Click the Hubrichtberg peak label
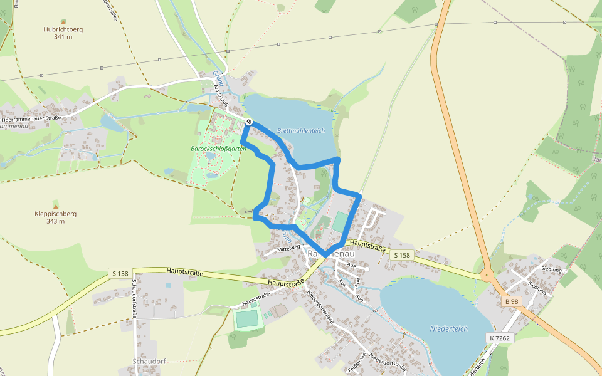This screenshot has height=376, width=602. tap(63, 29)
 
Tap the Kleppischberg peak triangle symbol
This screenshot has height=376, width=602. tap(56, 206)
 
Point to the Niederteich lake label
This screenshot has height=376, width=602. tap(449, 329)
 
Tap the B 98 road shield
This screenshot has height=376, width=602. tap(512, 301)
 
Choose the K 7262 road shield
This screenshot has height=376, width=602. tap(499, 338)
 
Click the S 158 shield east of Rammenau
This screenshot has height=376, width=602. tap(401, 255)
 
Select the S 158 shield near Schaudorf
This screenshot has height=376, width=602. tap(120, 273)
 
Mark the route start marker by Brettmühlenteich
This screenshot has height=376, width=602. tap(250, 122)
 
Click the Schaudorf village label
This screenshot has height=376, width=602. tap(149, 362)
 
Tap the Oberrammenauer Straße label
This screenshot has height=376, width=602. tap(31, 118)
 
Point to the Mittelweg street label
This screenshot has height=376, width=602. tap(289, 250)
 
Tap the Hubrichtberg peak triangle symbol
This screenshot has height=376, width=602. tap(63, 22)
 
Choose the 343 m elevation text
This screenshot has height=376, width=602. tap(56, 221)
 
